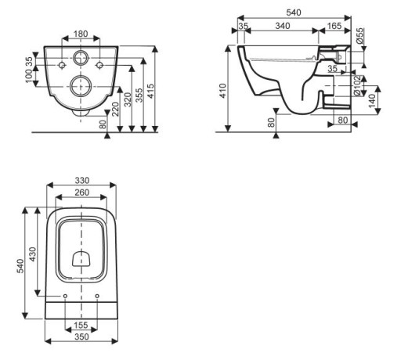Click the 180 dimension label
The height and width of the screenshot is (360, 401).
click(x=81, y=34)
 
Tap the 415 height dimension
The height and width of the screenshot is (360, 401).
click(x=151, y=91)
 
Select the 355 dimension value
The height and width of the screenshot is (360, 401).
click(x=139, y=95)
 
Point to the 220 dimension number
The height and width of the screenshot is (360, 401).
click(x=115, y=109)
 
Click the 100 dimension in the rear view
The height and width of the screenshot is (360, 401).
click(x=29, y=75)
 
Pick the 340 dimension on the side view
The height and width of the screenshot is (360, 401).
click(x=283, y=26)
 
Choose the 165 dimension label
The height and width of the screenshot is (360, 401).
click(x=334, y=26)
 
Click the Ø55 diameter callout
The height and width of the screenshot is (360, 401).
click(x=359, y=36)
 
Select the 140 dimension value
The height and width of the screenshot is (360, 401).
click(x=372, y=101)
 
